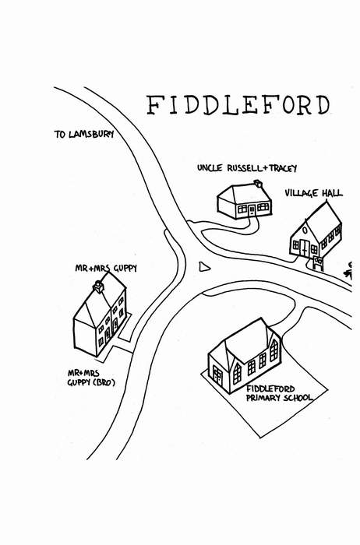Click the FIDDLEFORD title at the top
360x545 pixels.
pos(238,104)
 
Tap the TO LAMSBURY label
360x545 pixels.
pos(84,134)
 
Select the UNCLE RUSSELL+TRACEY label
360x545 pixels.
pos(247,168)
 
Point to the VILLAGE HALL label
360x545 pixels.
pos(314,193)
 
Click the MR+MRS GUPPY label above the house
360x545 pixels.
pos(106,268)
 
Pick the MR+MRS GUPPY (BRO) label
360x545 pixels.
pos(91,378)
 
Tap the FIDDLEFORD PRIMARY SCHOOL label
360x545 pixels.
pos(279,393)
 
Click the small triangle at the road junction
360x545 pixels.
pos(204,267)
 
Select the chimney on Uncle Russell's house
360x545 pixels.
pos(258,183)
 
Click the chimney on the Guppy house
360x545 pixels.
pos(98,287)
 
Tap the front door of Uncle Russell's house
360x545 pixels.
pos(252,209)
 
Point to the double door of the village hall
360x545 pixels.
pos(305,248)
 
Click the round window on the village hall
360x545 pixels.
pos(305,230)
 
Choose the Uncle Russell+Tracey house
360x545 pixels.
pos(245,201)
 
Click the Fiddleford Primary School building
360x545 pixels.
pos(245,355)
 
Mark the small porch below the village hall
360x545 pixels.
pos(318,263)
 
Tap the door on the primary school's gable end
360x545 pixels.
pos(217,375)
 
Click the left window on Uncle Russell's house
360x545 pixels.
pos(242,209)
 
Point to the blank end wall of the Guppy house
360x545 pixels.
pos(84,336)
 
